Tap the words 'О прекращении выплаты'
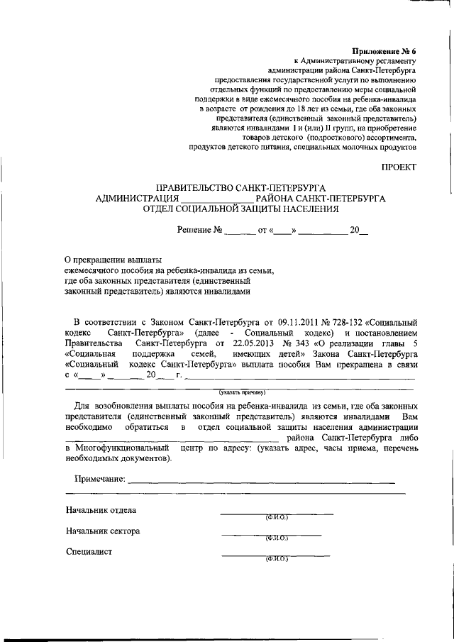(113, 260)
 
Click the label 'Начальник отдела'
(101, 510)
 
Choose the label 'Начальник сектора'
(103, 531)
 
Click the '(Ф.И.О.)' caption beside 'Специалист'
(275, 560)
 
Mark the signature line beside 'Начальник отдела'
(276, 512)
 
